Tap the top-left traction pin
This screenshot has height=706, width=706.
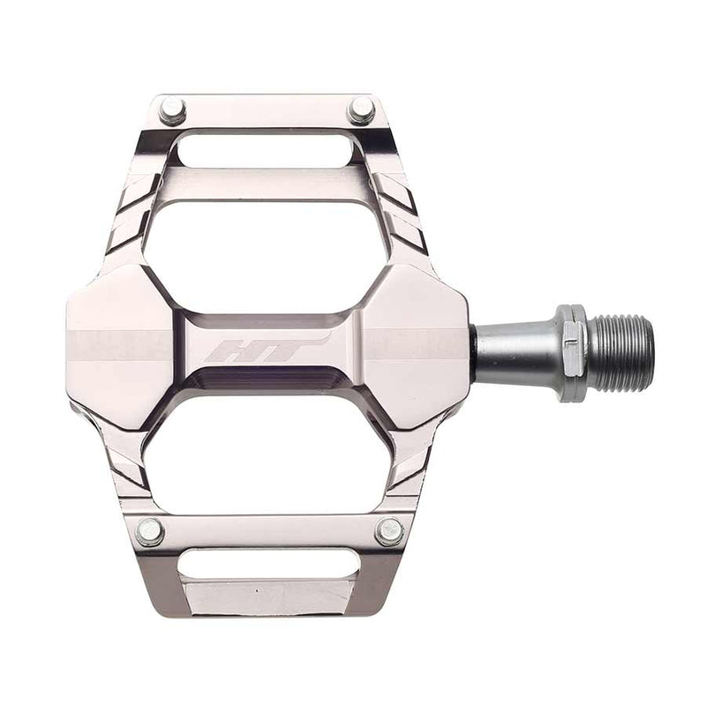click(x=172, y=110)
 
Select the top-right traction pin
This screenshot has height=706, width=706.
click(x=360, y=110)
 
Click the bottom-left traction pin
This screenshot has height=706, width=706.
click(x=150, y=531)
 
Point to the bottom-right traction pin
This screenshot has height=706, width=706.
click(x=389, y=531)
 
